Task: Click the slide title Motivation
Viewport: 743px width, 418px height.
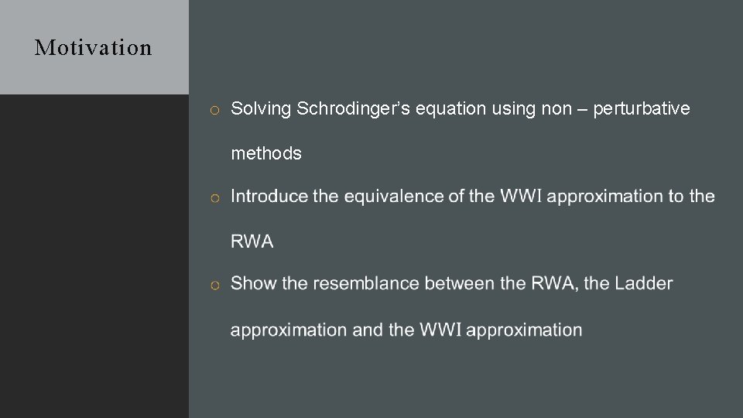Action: tap(94, 48)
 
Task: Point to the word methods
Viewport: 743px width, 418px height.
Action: tap(266, 153)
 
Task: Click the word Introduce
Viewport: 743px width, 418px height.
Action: tap(269, 197)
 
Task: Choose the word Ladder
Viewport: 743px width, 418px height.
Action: tap(644, 283)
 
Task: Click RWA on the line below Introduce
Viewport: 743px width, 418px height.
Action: tap(252, 242)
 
